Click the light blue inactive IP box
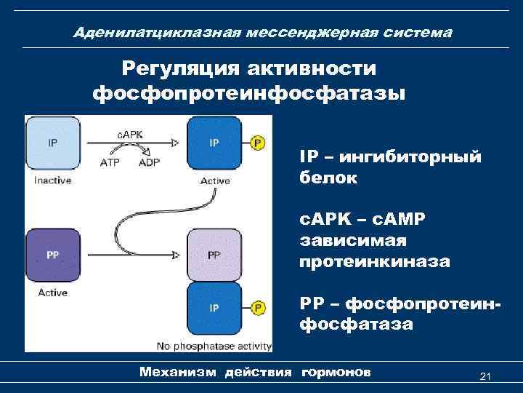[53, 143]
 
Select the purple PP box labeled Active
[53, 255]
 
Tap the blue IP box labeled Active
[215, 143]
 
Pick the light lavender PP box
[215, 255]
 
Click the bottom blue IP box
[215, 309]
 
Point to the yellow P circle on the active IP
[257, 143]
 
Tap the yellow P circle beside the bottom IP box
[257, 309]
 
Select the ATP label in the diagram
[110, 162]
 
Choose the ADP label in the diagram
[149, 162]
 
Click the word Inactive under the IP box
[52, 180]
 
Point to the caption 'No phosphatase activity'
[214, 346]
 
